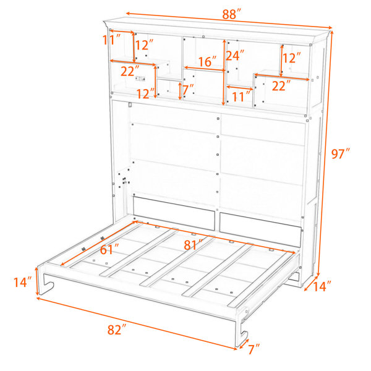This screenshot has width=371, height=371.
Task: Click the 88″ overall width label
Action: click(231, 14)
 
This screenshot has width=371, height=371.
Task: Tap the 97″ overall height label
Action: click(341, 154)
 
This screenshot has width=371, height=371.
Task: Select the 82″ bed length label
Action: click(117, 330)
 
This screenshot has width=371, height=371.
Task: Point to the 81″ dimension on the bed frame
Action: click(194, 245)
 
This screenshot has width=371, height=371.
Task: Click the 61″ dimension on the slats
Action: click(109, 249)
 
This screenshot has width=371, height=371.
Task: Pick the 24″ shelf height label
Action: click(235, 56)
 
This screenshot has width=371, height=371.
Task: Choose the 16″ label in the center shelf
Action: click(207, 61)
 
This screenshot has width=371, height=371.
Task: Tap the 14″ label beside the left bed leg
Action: click(22, 282)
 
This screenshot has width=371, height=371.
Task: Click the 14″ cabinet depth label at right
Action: click(322, 286)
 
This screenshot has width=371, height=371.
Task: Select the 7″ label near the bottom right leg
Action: click(254, 349)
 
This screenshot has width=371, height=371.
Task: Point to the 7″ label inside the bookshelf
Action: click(188, 90)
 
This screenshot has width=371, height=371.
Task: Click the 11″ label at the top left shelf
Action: click(111, 40)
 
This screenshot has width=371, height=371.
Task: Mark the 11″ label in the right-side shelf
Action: click(241, 96)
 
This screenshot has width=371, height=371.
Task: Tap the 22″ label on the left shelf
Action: click(130, 71)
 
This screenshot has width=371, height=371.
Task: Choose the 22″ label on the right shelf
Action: click(281, 85)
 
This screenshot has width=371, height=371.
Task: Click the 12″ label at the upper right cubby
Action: click(291, 58)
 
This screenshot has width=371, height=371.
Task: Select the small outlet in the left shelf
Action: click(140, 79)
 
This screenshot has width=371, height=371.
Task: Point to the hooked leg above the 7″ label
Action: click(242, 331)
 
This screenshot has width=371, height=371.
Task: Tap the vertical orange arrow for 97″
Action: click(325, 153)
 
